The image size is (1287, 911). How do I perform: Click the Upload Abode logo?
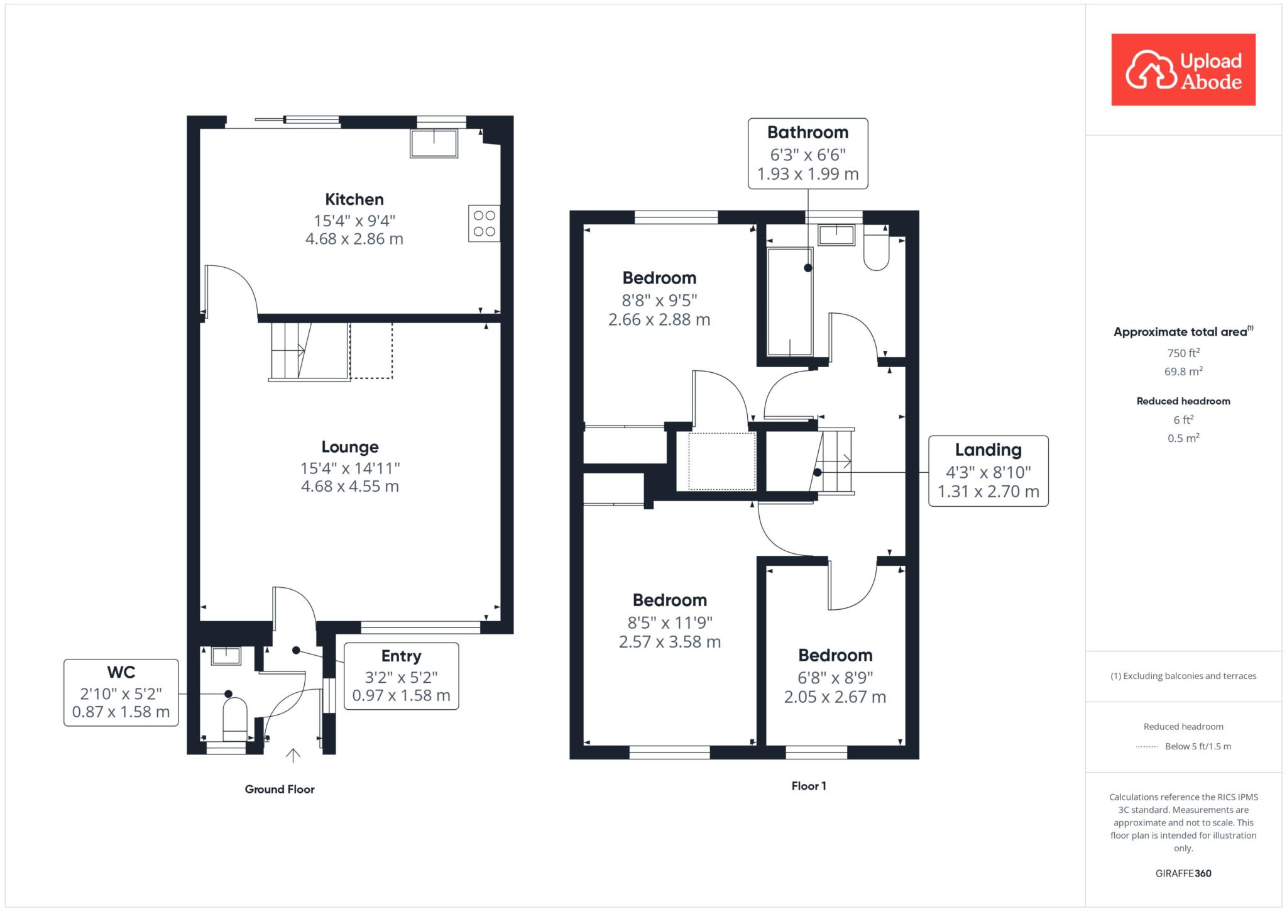pos(1183,70)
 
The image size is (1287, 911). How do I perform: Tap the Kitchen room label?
pos(354,200)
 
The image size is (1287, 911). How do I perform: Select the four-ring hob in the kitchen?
pos(484,223)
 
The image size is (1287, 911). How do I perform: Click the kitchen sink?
pos(434,143)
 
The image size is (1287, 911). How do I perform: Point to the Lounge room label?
pos(350,447)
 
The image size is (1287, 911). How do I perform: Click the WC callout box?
pos(121,692)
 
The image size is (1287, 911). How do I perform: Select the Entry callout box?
pos(402,676)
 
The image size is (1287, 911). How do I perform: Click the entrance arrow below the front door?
pos(293,755)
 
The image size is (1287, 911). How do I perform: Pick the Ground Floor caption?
pos(280,789)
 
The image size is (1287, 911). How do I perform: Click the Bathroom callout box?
pos(808,153)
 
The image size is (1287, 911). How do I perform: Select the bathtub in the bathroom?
pos(790,302)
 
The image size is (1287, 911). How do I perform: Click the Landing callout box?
pos(989,471)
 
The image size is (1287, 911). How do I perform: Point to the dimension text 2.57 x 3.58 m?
pos(670,642)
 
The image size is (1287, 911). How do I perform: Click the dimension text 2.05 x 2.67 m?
pos(835,697)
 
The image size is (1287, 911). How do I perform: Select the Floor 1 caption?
pos(809,786)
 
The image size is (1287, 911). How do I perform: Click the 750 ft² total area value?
pos(1183,353)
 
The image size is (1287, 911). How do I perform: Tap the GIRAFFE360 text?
pos(1183,873)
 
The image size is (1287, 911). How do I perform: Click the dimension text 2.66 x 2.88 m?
pos(659,320)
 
